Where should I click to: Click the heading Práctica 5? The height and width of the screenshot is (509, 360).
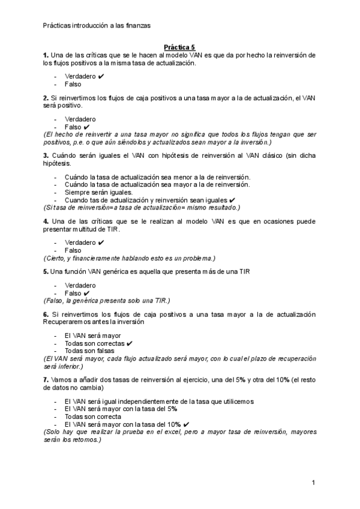coord(179,47)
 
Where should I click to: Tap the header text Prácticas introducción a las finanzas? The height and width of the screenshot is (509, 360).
coord(97,25)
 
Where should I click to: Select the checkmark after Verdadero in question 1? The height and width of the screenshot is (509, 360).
coord(101,76)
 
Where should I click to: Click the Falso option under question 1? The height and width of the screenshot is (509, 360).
coord(73,85)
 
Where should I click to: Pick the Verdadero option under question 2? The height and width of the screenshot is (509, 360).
coord(80,119)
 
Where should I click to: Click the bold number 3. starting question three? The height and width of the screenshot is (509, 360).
coord(46,155)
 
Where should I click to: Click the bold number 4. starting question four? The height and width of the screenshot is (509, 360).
coord(46,221)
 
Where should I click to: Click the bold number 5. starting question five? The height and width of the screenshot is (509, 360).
coord(46,271)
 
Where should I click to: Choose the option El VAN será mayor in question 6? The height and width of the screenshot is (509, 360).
coord(92,335)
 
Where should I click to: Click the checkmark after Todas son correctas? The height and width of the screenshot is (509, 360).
coord(130,343)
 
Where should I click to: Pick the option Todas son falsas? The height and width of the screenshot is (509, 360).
coord(91,351)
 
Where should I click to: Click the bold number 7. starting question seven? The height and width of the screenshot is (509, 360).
coord(46,380)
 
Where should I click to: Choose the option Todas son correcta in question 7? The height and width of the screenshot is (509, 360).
coord(92,416)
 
